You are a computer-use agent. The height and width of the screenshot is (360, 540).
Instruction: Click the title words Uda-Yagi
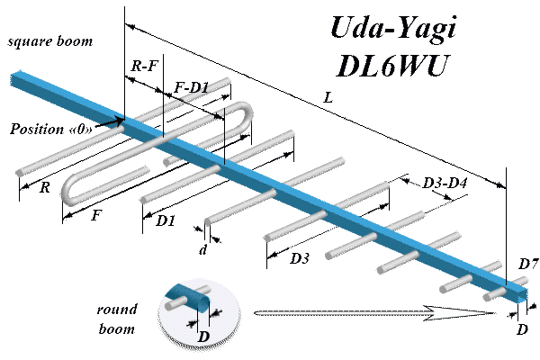[394, 31]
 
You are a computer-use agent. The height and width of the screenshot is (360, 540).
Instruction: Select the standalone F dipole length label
[97, 216]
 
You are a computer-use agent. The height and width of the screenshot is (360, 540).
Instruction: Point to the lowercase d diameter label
[203, 250]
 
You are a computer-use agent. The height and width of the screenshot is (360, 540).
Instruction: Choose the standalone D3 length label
[300, 259]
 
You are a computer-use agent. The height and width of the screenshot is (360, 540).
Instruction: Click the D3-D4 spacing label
[445, 184]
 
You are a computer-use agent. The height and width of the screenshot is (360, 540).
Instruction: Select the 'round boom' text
[117, 319]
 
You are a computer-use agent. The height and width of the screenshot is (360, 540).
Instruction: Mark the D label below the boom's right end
[522, 330]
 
